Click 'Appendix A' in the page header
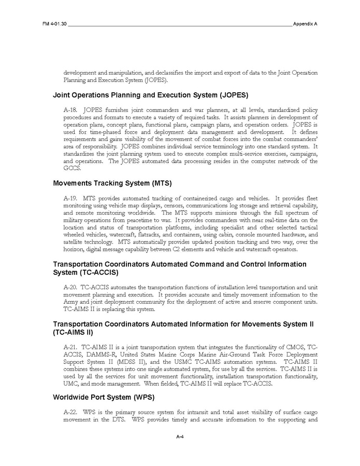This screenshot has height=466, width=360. pyautogui.click(x=305, y=24)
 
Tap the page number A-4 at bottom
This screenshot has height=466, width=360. pyautogui.click(x=180, y=437)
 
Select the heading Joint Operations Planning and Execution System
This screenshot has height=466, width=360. pyautogui.click(x=143, y=95)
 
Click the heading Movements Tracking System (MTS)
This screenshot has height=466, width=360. pyautogui.click(x=112, y=183)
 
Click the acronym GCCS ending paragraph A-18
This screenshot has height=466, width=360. pyautogui.click(x=71, y=168)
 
